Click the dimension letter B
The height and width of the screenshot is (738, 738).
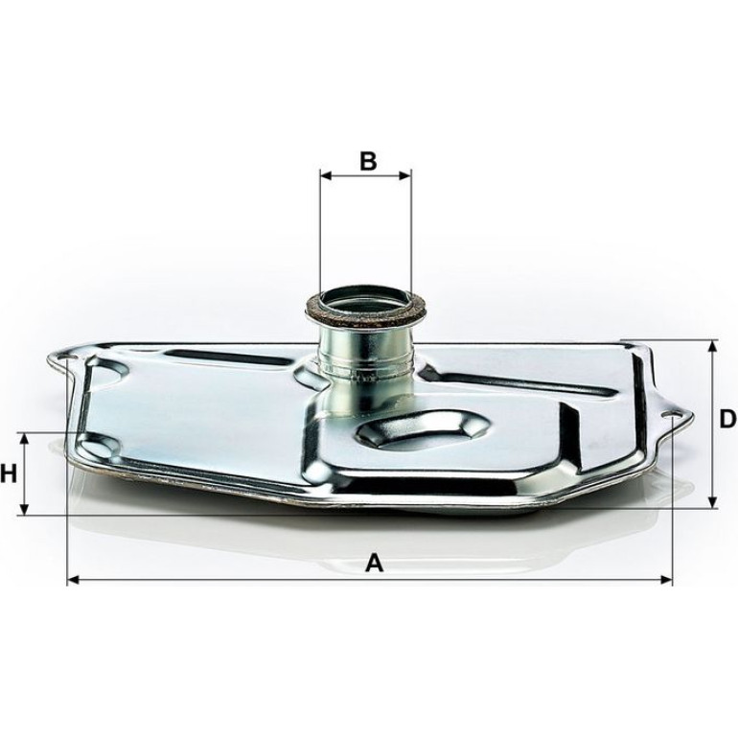[x=368, y=161]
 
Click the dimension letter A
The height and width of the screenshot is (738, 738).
[x=375, y=563]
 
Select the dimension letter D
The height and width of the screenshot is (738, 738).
[x=728, y=419]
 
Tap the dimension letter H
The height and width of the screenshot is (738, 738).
[x=9, y=473]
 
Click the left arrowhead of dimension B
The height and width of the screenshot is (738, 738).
[x=326, y=175]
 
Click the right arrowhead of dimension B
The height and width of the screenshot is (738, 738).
[x=405, y=175]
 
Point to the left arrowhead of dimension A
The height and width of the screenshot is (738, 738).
[x=74, y=580]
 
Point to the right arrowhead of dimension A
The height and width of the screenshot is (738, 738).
[x=666, y=580]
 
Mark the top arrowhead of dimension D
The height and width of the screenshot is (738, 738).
[x=712, y=346]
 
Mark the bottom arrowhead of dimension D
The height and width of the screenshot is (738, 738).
[x=712, y=501]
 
